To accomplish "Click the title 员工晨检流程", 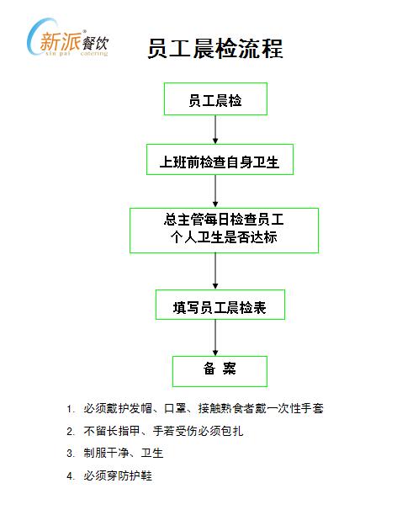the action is [x=215, y=49].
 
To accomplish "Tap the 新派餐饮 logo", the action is [x=67, y=39].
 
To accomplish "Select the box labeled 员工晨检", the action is [x=215, y=98].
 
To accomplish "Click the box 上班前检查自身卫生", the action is [x=220, y=159].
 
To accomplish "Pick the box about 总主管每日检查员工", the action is [x=224, y=231].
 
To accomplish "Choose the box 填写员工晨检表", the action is [x=220, y=305].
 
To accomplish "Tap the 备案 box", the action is [x=220, y=371].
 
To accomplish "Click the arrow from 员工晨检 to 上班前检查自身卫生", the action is [x=215, y=130].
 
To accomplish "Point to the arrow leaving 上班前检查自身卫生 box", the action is [x=215, y=191].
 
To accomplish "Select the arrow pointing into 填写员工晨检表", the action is [x=215, y=271].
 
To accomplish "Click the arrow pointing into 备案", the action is [x=215, y=337].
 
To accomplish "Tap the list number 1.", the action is [x=69, y=409].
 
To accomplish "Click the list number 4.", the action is [x=70, y=476].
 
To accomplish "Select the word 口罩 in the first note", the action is [x=174, y=408].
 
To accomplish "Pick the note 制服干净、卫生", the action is [x=123, y=453].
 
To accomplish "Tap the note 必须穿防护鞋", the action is [x=118, y=475].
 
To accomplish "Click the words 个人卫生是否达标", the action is [x=224, y=237].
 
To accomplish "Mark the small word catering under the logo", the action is [x=94, y=54].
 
